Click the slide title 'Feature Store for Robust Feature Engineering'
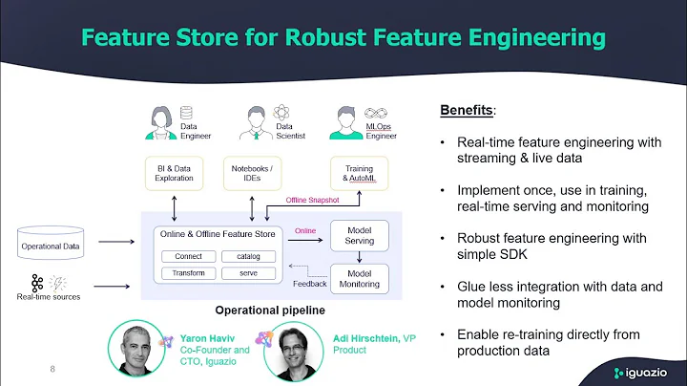coord(343,37)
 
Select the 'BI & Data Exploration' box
coord(174,173)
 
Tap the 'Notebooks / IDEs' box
coord(253,173)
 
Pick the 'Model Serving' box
coord(358,235)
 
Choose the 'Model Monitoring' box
coord(358,276)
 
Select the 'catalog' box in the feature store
coord(248,256)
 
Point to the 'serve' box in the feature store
coord(248,272)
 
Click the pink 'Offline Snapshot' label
coord(312,201)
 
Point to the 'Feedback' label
coord(309,284)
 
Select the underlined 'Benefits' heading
coord(466,111)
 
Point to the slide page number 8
coord(52,368)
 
